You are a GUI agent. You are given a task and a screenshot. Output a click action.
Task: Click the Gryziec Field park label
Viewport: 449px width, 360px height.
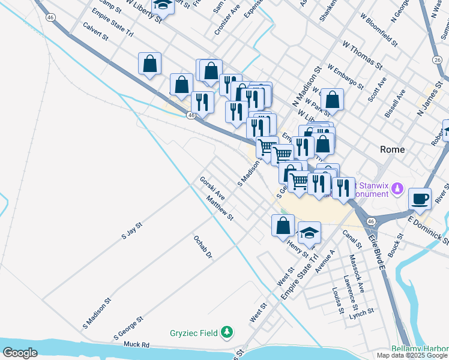193,332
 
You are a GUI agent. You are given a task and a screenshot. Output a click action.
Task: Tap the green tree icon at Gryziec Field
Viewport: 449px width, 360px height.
227,331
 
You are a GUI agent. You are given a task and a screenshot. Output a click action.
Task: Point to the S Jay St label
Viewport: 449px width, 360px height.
131,231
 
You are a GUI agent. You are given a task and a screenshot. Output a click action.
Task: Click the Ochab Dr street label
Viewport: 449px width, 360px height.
203,247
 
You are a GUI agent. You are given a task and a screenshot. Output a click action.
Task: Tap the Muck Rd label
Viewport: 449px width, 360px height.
136,345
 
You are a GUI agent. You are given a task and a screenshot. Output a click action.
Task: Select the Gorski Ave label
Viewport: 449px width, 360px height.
212,188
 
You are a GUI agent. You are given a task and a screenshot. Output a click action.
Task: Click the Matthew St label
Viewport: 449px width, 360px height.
219,210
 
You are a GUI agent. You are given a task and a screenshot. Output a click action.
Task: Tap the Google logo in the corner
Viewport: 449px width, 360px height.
20,353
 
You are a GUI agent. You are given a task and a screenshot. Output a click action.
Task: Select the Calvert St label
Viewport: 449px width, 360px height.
96,32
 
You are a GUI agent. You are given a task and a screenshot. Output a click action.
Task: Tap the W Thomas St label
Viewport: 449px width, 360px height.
363,54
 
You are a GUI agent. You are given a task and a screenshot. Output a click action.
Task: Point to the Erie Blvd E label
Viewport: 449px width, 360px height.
376,250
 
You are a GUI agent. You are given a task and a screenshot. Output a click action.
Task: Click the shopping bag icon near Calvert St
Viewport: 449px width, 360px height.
149,63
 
